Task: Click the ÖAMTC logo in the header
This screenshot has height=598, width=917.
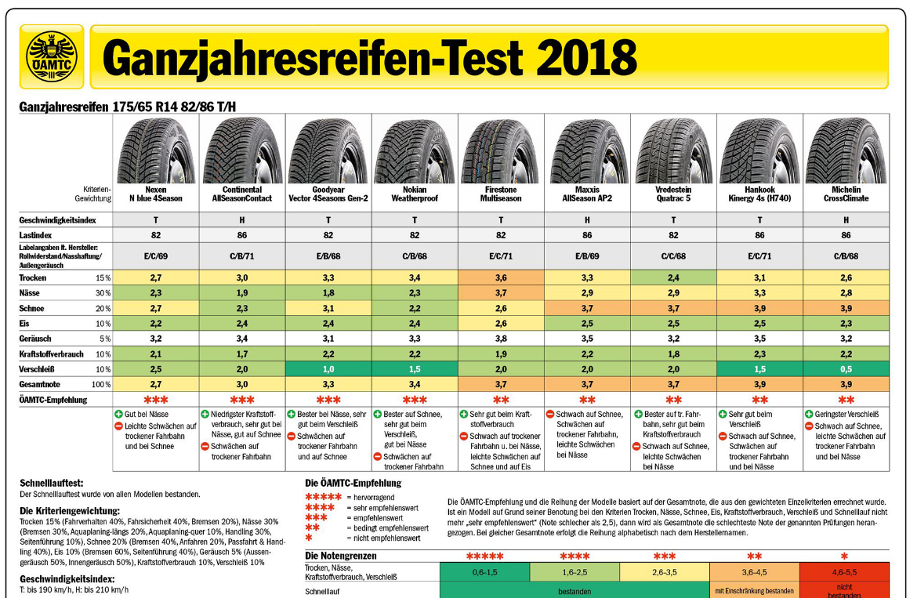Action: (x=52, y=56)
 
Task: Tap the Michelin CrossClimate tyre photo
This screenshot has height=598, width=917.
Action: (x=846, y=151)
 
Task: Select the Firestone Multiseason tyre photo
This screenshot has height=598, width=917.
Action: (x=501, y=151)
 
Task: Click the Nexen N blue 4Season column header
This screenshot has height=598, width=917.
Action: (x=156, y=194)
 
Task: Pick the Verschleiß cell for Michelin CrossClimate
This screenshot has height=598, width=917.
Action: (x=846, y=369)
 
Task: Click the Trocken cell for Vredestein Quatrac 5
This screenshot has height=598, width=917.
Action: (x=673, y=277)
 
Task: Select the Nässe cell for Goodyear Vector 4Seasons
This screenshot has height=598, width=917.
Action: (x=328, y=292)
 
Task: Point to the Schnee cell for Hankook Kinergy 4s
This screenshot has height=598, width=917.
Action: (x=759, y=308)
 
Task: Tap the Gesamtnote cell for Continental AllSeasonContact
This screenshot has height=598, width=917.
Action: (x=242, y=384)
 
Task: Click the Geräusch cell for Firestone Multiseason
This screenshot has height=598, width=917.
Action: (x=501, y=339)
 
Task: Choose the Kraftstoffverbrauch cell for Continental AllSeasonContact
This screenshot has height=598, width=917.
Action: (x=242, y=353)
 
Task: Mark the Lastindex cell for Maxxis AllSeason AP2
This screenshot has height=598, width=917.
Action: (x=587, y=234)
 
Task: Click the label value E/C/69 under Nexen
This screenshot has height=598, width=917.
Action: (x=156, y=256)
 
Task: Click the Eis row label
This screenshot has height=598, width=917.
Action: (x=25, y=323)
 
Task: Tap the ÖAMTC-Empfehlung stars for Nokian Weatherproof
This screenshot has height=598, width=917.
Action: (x=415, y=400)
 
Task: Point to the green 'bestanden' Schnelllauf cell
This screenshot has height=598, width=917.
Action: (x=574, y=591)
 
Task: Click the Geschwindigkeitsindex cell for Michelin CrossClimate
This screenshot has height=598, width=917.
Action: (x=846, y=220)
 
